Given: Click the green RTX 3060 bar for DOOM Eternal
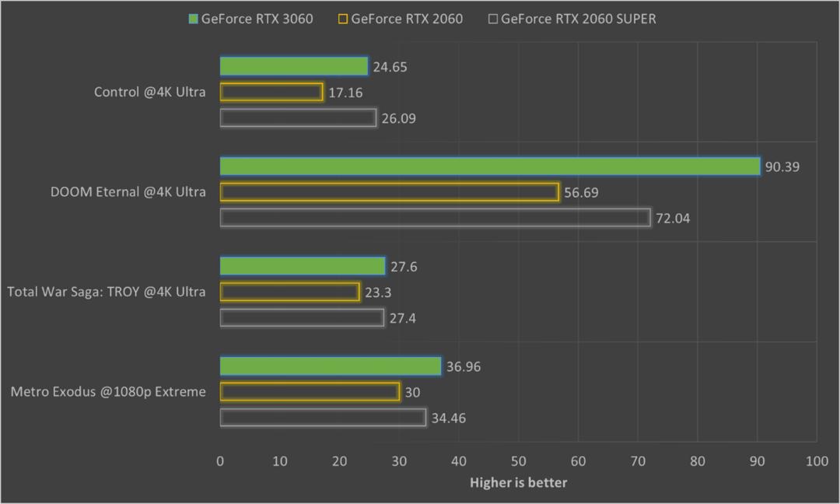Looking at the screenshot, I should coord(490,166).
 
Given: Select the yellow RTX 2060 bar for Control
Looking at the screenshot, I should coord(271,92).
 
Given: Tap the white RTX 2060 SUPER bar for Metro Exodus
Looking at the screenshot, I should coord(323,418).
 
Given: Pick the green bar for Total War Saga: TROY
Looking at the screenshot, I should coord(303,267).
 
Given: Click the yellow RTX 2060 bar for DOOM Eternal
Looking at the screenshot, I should coord(390,192).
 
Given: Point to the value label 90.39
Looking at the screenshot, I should coord(782,167).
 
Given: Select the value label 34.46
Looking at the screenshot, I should coord(448,418).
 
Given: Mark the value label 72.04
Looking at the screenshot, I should coord(672,219).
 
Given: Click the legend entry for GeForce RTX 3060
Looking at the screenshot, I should coord(250,19).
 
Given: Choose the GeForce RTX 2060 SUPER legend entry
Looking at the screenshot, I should coord(572,19).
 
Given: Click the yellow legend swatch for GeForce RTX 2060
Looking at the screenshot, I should coord(343,19).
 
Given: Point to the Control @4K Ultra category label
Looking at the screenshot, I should coord(150,92).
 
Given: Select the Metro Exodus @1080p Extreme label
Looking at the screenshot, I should coord(108,391).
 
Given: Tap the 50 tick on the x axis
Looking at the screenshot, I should coord(518,461).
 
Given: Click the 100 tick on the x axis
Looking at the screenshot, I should coord(816,461).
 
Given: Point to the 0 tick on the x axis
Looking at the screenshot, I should coord(220,461).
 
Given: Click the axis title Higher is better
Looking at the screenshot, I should coord(518,483).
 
